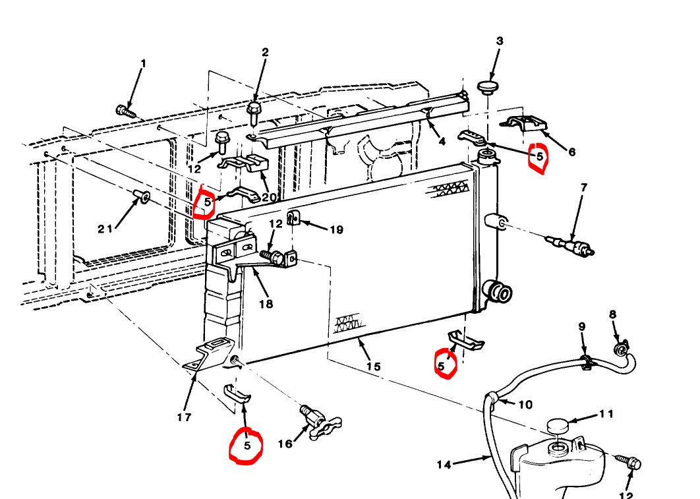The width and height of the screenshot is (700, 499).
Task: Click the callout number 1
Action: point(143,64)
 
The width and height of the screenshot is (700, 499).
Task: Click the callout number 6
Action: point(571,152)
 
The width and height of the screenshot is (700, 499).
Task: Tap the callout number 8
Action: point(612,314)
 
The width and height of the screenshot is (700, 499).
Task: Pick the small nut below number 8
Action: point(620,349)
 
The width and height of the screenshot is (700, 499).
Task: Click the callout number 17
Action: point(184,417)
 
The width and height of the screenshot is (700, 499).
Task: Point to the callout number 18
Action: point(266,304)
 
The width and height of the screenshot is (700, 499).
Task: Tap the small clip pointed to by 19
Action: point(293,218)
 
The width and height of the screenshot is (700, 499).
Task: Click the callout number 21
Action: point(105,229)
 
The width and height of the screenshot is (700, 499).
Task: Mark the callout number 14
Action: point(444,465)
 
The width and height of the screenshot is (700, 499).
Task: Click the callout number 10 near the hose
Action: point(525,404)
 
